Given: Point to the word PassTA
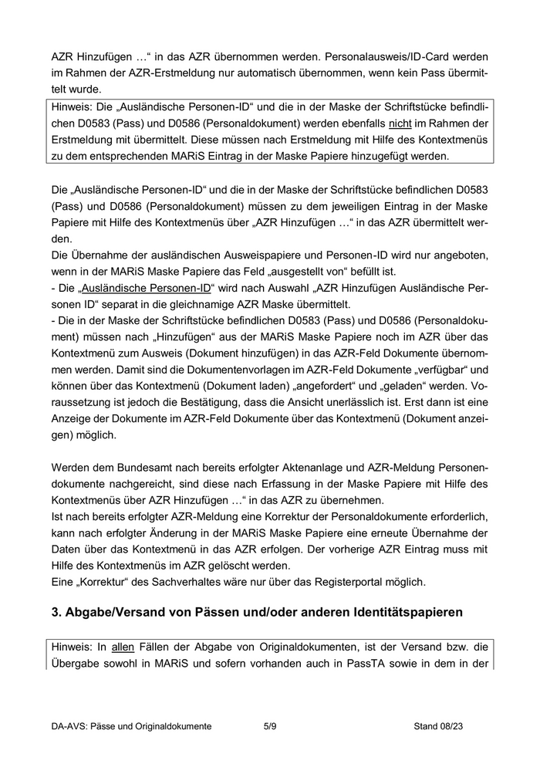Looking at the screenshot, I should coord(334,664).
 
